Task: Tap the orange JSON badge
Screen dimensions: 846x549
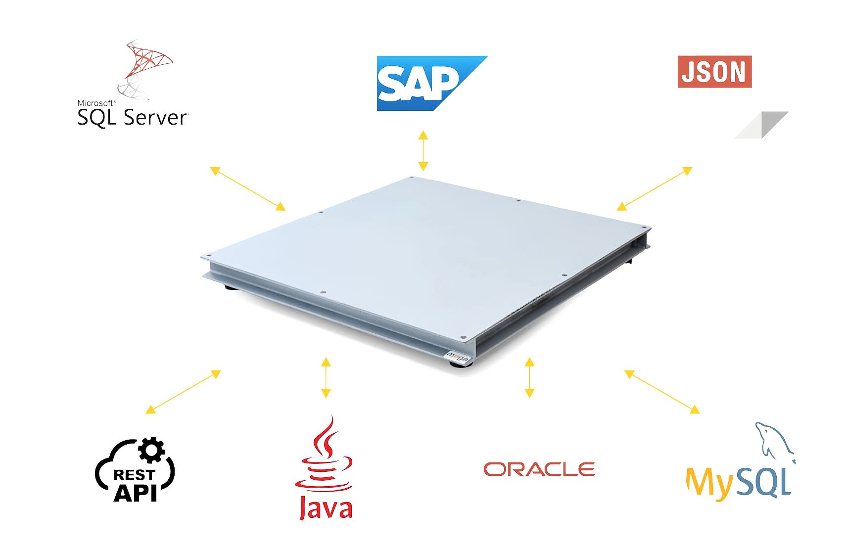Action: click(714, 72)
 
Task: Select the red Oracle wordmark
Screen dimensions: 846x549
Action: click(539, 469)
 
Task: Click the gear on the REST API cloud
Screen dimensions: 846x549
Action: click(151, 450)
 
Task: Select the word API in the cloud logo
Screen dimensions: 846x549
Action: click(135, 492)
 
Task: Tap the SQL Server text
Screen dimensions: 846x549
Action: click(133, 117)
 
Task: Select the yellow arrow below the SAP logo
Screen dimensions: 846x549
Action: click(423, 151)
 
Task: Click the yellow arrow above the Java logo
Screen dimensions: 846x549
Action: click(326, 377)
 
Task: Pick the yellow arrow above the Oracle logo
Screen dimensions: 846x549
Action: click(529, 377)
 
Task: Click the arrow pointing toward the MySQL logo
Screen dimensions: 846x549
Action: click(661, 392)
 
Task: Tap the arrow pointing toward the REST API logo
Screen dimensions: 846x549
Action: click(183, 392)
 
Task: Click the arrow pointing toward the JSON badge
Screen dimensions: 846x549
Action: click(654, 188)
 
